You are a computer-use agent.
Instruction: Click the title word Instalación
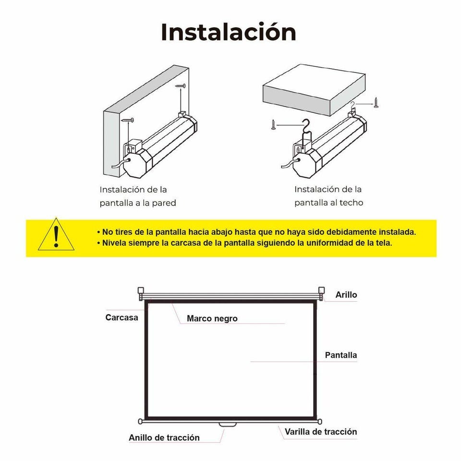click(x=229, y=32)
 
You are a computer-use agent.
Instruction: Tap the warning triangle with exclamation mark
click(x=56, y=235)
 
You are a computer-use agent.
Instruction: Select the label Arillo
click(x=346, y=294)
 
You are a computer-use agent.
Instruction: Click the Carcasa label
click(x=121, y=317)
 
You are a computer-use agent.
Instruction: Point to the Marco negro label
click(x=212, y=318)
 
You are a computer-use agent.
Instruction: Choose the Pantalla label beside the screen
click(x=341, y=355)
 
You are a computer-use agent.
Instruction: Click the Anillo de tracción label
click(x=164, y=437)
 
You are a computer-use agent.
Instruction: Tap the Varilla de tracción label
click(x=321, y=432)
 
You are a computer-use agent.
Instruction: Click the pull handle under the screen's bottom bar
click(x=228, y=425)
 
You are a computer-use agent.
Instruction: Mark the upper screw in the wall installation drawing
click(x=181, y=86)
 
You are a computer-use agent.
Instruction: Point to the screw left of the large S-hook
click(x=273, y=125)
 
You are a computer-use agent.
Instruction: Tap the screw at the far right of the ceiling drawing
click(x=376, y=103)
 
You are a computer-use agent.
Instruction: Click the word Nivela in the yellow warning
click(x=114, y=243)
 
